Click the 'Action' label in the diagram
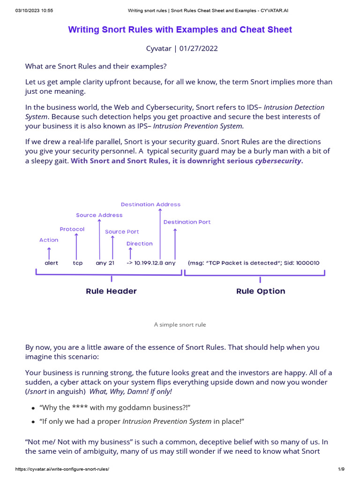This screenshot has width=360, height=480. tap(49, 240)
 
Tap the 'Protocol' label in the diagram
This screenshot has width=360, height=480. tap(72, 229)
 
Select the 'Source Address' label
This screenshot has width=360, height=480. tap(99, 215)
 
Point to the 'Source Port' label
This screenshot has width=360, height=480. tap(122, 232)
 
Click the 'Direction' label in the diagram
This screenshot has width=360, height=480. tap(140, 244)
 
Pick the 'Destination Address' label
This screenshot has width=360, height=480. tap(150, 204)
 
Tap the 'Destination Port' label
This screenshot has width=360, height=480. tap(187, 222)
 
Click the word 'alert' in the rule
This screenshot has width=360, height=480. tap(52, 263)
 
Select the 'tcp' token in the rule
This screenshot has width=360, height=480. tap(78, 263)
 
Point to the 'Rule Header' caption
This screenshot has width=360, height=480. tap(112, 291)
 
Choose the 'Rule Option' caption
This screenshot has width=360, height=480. tap(261, 291)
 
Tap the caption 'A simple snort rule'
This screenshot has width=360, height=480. tap(180, 324)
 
